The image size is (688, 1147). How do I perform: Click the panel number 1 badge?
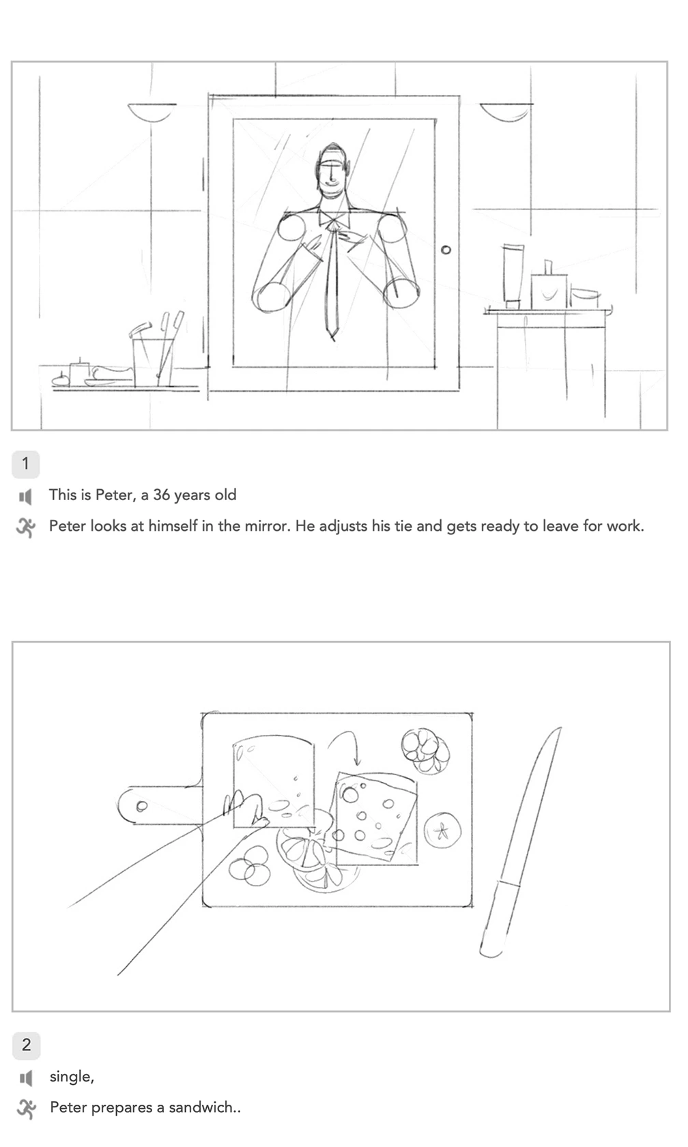[x=26, y=464]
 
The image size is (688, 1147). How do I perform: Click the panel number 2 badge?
[x=27, y=1045]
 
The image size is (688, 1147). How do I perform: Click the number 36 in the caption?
[x=162, y=495]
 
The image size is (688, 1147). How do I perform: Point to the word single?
[x=72, y=1076]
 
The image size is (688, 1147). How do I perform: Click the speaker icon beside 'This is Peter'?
[x=26, y=496]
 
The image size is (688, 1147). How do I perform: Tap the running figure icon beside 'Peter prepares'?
[x=27, y=1108]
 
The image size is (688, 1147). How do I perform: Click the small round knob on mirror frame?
[x=446, y=250]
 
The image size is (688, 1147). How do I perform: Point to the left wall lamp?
[x=152, y=111]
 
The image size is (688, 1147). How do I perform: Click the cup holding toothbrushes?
[x=153, y=362]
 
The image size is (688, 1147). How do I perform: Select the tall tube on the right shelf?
[x=513, y=276]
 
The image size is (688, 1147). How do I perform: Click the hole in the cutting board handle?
[x=142, y=806]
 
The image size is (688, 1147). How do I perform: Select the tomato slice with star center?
[x=442, y=830]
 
